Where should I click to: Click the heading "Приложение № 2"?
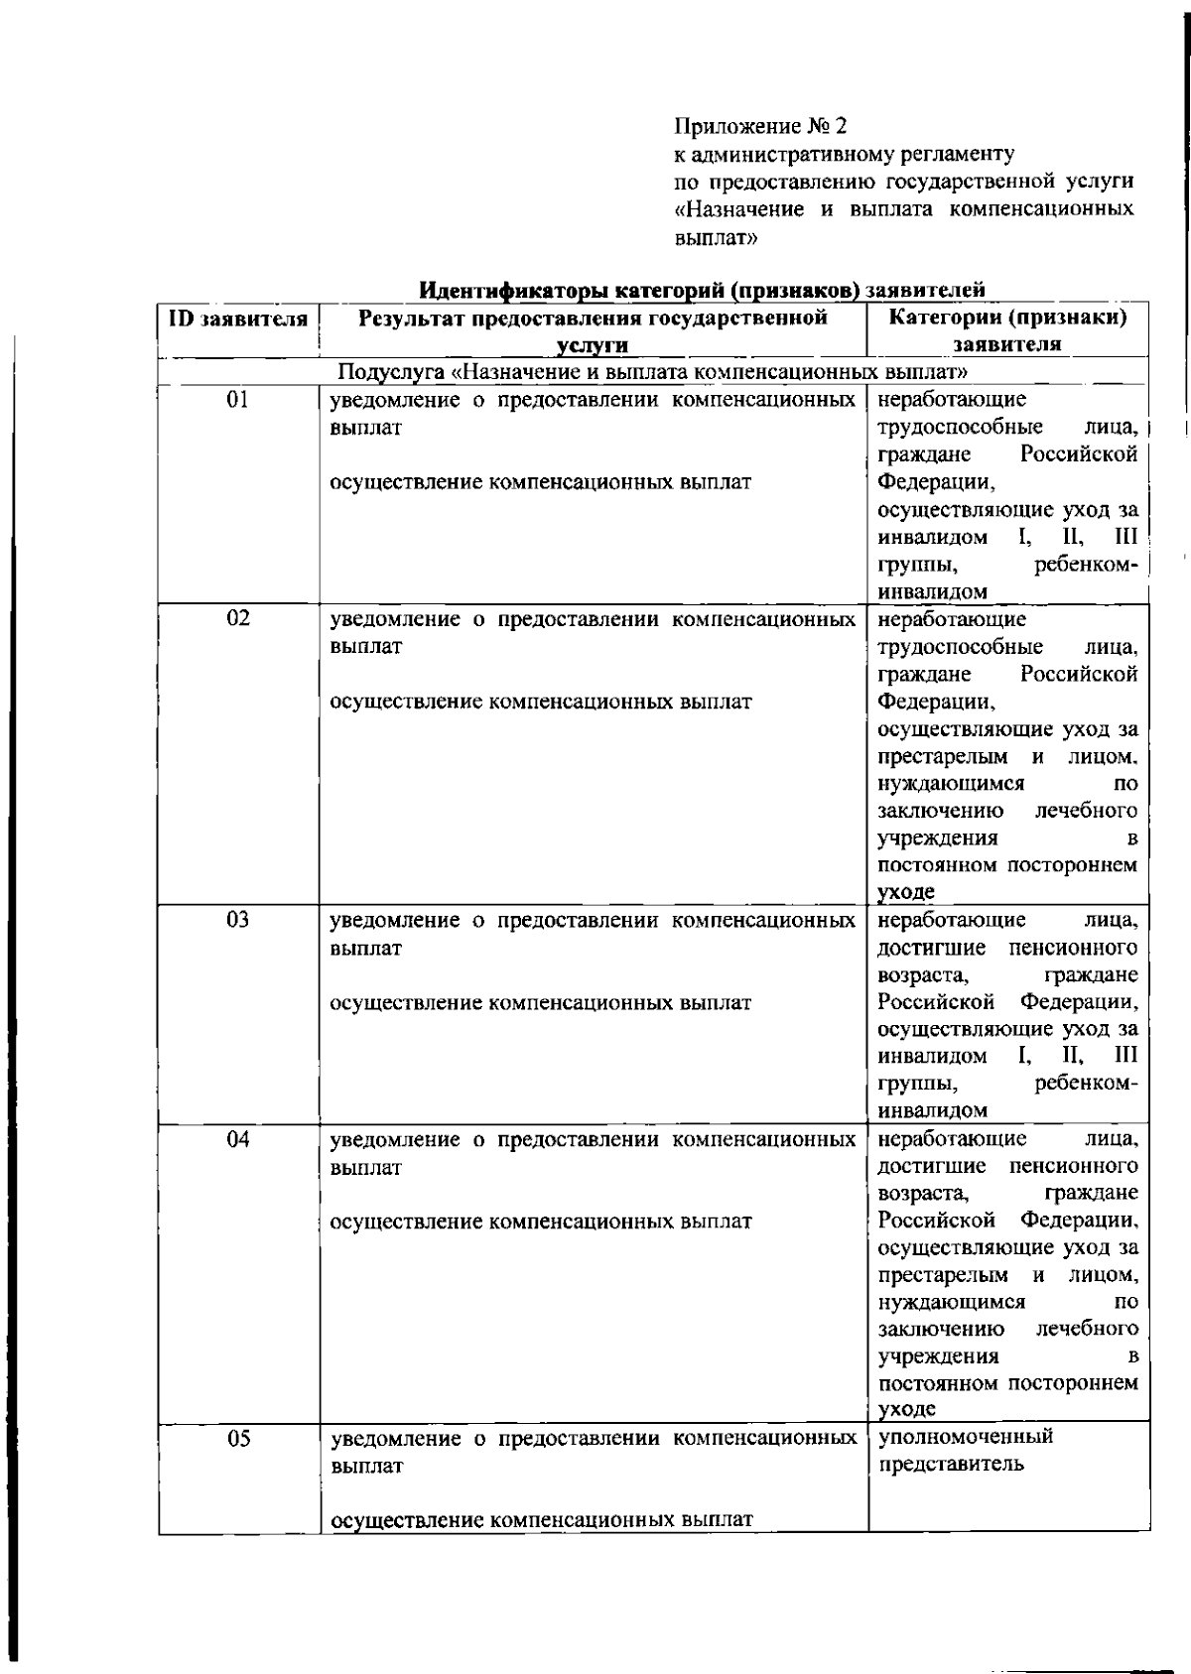761,126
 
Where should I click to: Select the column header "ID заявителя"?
238,319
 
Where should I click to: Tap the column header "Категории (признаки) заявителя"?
1007,330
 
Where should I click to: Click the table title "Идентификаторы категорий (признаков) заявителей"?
702,291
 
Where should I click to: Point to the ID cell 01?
238,400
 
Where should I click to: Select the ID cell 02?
238,619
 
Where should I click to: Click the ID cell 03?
238,920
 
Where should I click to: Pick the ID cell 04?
238,1140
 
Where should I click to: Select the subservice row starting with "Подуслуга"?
653,372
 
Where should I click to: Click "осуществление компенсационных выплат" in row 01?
541,482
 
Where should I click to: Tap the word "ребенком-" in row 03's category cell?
1086,1084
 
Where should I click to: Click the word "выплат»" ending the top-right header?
716,238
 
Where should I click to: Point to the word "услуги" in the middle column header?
593,344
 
